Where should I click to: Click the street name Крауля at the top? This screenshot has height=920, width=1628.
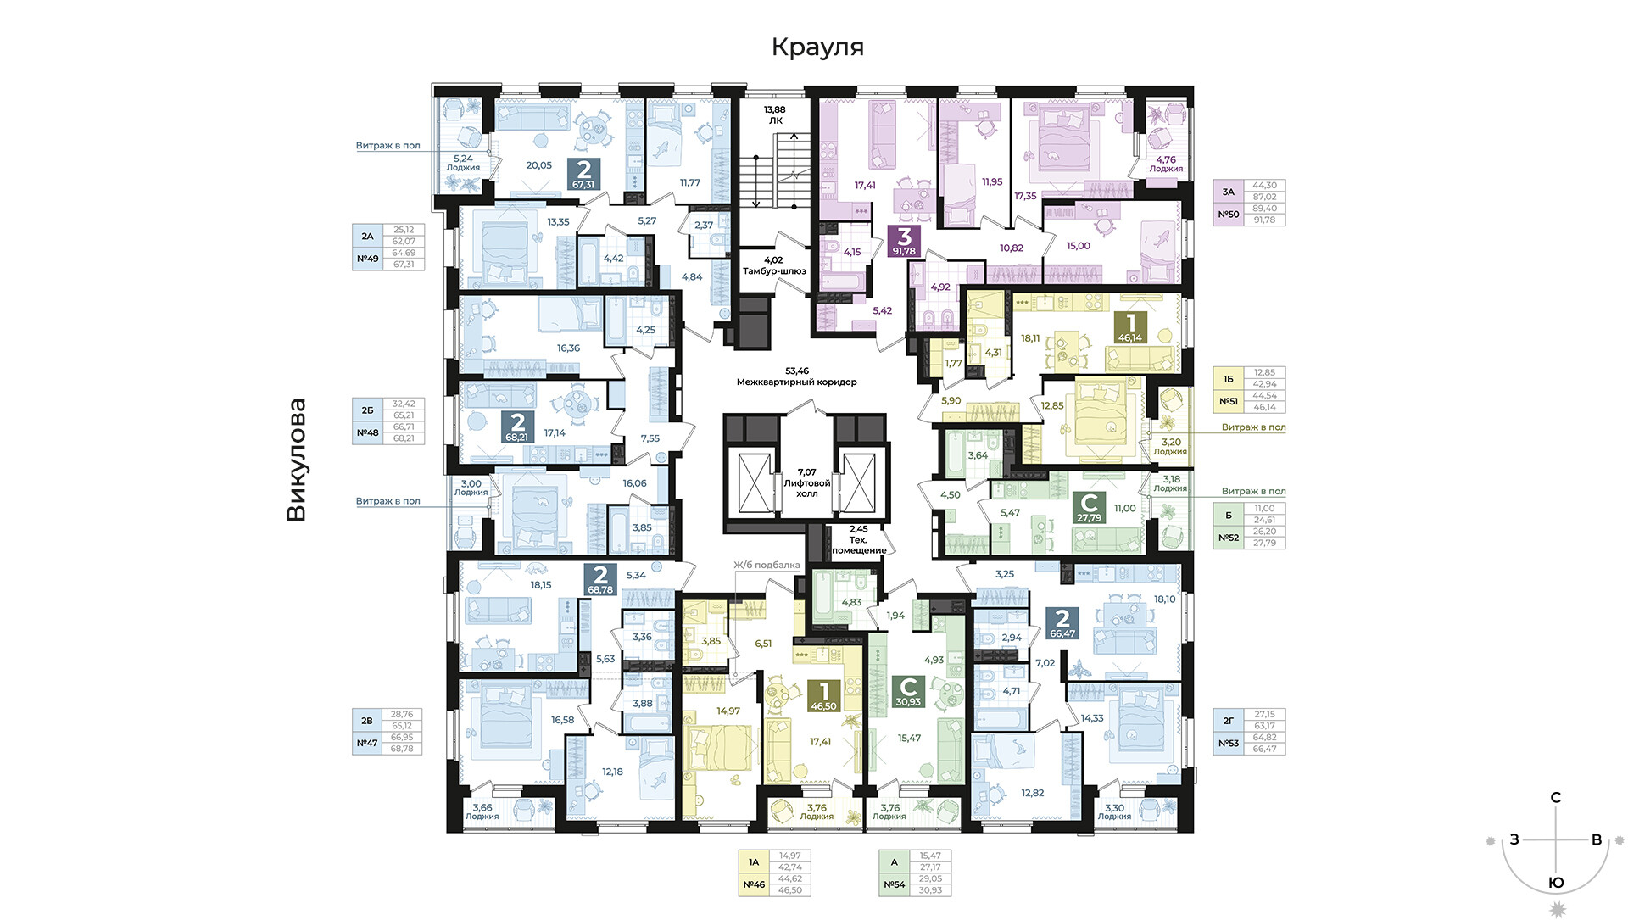pos(817,47)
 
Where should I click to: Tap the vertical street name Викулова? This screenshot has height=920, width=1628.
pos(297,460)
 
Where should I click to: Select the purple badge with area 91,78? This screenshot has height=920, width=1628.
pos(904,241)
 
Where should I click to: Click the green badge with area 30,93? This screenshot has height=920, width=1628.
pos(908,691)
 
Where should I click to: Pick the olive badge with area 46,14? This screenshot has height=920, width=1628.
pos(1130,327)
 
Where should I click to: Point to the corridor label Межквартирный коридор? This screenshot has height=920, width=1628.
pos(797,376)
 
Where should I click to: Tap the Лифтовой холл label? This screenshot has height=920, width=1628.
pos(807,482)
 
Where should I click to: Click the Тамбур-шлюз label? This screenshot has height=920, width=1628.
pos(774,266)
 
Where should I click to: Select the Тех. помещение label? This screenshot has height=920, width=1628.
pos(859,539)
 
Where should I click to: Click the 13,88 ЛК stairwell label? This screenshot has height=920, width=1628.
pos(775,115)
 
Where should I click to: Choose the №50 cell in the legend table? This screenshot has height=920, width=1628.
pos(1229,215)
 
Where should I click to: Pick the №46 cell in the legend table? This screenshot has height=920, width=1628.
pos(754,884)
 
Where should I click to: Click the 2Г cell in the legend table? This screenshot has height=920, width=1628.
pos(1229,721)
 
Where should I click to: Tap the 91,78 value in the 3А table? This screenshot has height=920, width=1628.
pos(1264,220)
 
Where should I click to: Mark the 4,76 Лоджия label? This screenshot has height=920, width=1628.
pos(1166,164)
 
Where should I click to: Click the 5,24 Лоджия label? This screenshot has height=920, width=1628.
pos(463,163)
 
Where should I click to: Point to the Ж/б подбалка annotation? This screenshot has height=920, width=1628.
pos(767,565)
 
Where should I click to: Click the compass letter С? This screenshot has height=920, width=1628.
pos(1556,798)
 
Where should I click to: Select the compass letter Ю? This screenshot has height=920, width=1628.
pos(1557,883)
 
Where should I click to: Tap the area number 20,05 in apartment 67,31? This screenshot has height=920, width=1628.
pos(539,165)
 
